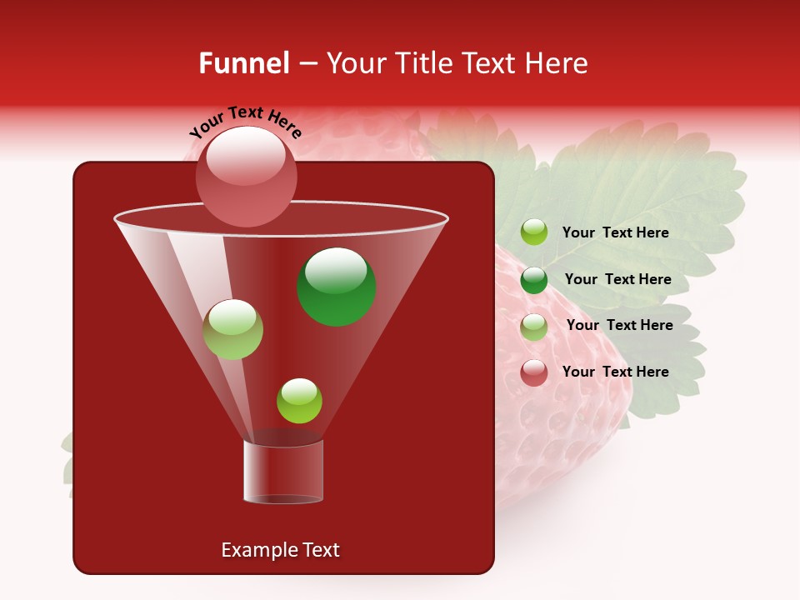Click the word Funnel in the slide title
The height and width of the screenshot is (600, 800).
243,63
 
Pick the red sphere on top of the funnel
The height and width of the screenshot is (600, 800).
246,177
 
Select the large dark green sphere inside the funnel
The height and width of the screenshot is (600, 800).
337,287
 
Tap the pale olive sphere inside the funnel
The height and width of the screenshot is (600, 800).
232,329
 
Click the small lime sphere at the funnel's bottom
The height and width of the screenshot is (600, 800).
299,401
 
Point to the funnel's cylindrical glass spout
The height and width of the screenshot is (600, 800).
283,472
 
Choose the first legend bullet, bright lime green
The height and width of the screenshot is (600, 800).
534,232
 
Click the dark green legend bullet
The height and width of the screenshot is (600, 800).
534,280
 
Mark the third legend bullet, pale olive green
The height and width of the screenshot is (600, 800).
534,327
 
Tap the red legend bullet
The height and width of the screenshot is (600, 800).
534,372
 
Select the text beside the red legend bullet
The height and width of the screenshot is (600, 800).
615,372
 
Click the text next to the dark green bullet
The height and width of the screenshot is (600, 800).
617,279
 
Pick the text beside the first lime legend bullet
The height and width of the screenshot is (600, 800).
615,232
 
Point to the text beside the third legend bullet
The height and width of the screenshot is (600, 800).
619,325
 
